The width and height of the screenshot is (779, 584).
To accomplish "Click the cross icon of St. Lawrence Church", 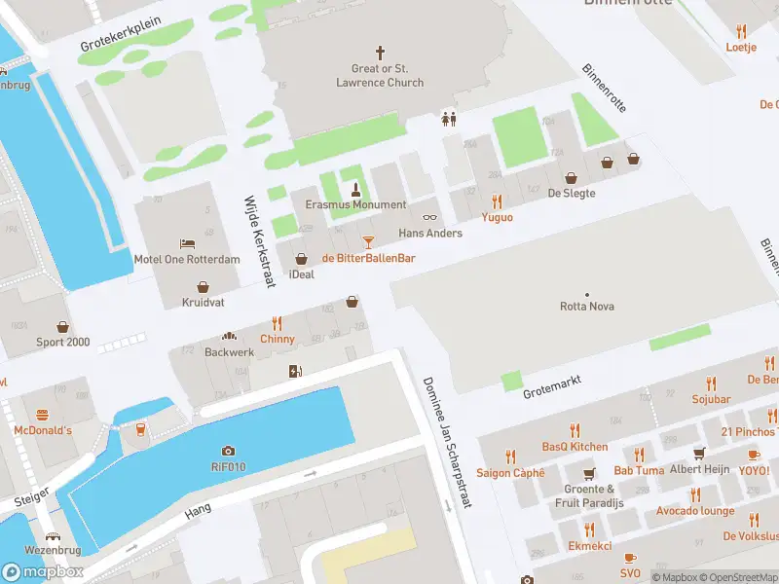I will pos(381,52).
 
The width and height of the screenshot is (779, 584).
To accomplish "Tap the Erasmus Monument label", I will pos(355,204).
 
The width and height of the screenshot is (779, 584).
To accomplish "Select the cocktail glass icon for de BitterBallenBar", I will pos(368,241).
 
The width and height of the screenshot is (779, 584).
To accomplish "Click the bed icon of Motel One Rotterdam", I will pos(186,242).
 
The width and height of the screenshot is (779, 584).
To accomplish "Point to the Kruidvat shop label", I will pos(203,303).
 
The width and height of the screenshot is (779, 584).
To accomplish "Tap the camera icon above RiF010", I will pos(228,451).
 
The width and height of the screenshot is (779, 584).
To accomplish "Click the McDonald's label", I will pos(43,430).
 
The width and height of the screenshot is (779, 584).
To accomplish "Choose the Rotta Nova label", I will pos(586,307).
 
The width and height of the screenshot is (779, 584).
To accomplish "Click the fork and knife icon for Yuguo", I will pos(497,201).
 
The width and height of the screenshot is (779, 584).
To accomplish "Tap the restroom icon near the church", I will pos(449,118).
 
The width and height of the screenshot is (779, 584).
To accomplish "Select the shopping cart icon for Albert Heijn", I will pos(698,454).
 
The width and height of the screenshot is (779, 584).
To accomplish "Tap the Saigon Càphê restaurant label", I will pos(510,473).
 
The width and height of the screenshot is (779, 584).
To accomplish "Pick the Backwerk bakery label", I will pos(229,352).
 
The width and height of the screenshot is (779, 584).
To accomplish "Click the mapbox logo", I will pos(43,572).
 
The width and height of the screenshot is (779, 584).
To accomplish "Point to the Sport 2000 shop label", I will pos(63,342).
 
